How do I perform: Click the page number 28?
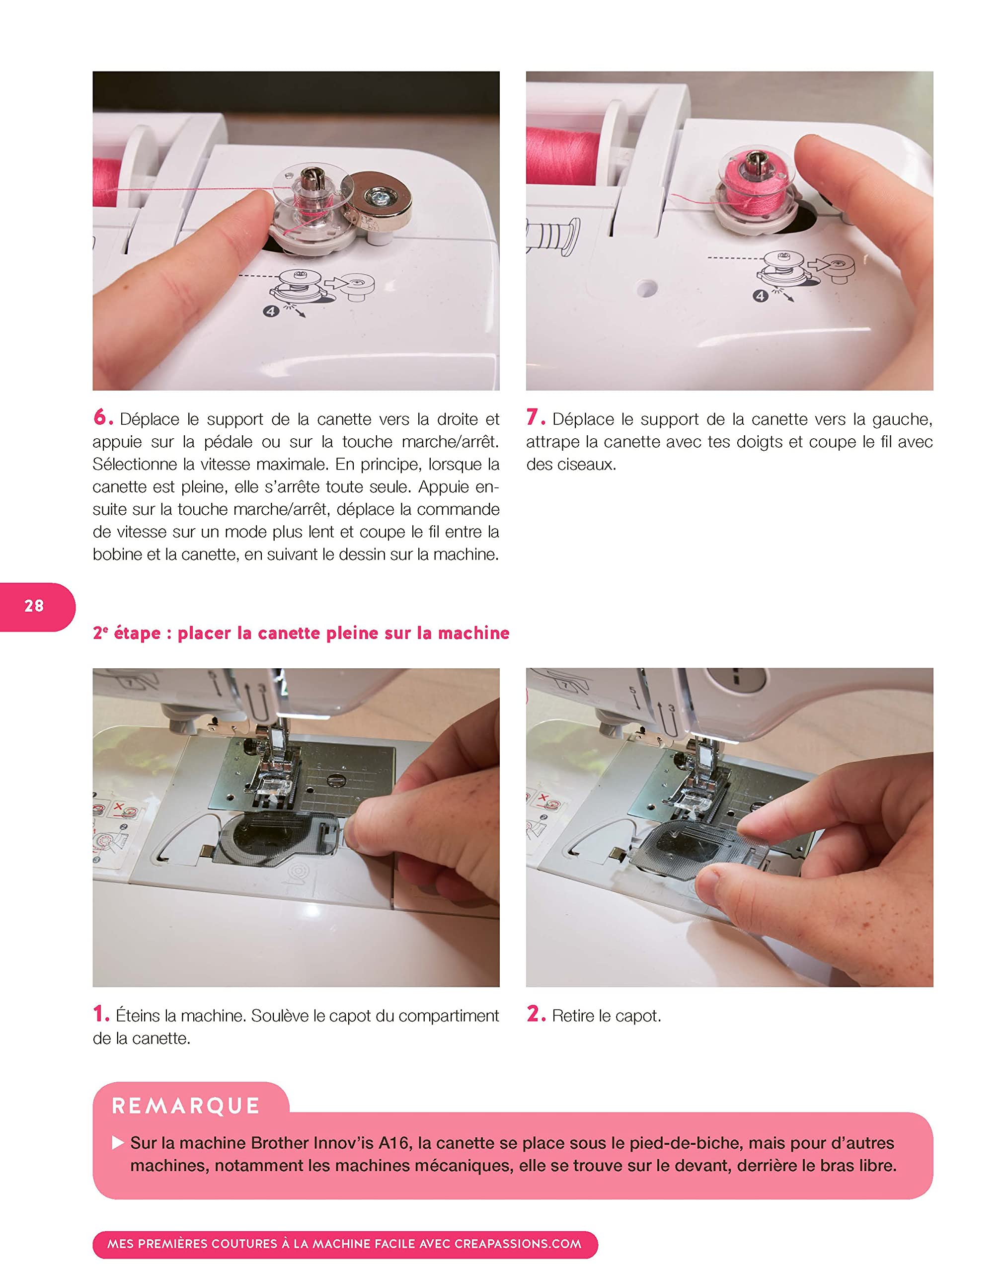coord(34,606)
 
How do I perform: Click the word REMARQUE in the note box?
coord(186,1106)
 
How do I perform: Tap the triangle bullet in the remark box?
coord(118,1143)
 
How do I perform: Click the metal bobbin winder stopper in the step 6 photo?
coord(378,201)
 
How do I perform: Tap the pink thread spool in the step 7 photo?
coord(563,155)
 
